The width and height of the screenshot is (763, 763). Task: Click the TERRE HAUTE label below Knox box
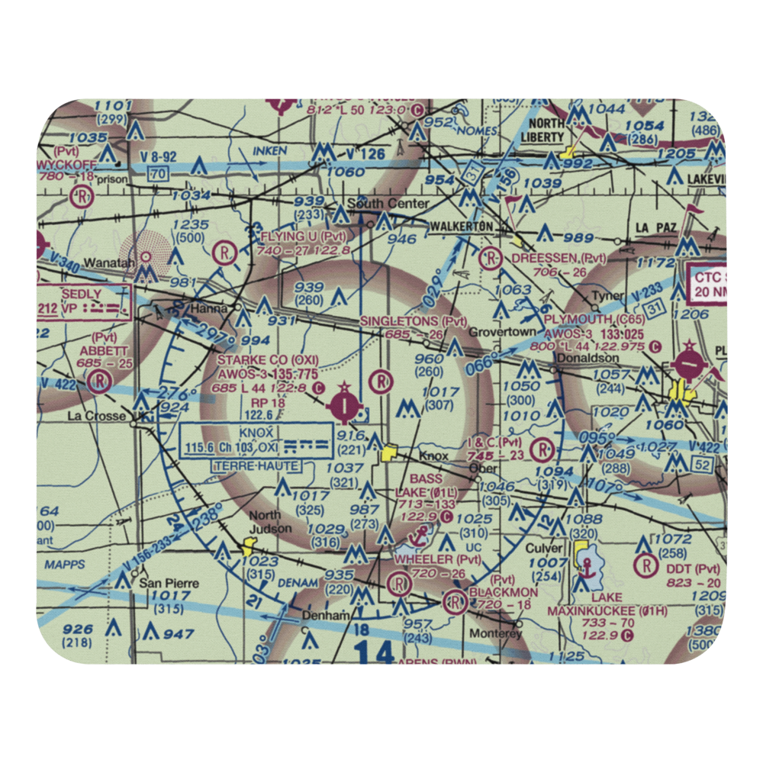258,466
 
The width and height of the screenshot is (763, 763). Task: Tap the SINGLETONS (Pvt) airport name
413,321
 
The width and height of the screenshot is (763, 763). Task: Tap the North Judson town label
270,522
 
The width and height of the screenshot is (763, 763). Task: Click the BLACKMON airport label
504,592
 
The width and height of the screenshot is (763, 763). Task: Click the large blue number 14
374,652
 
